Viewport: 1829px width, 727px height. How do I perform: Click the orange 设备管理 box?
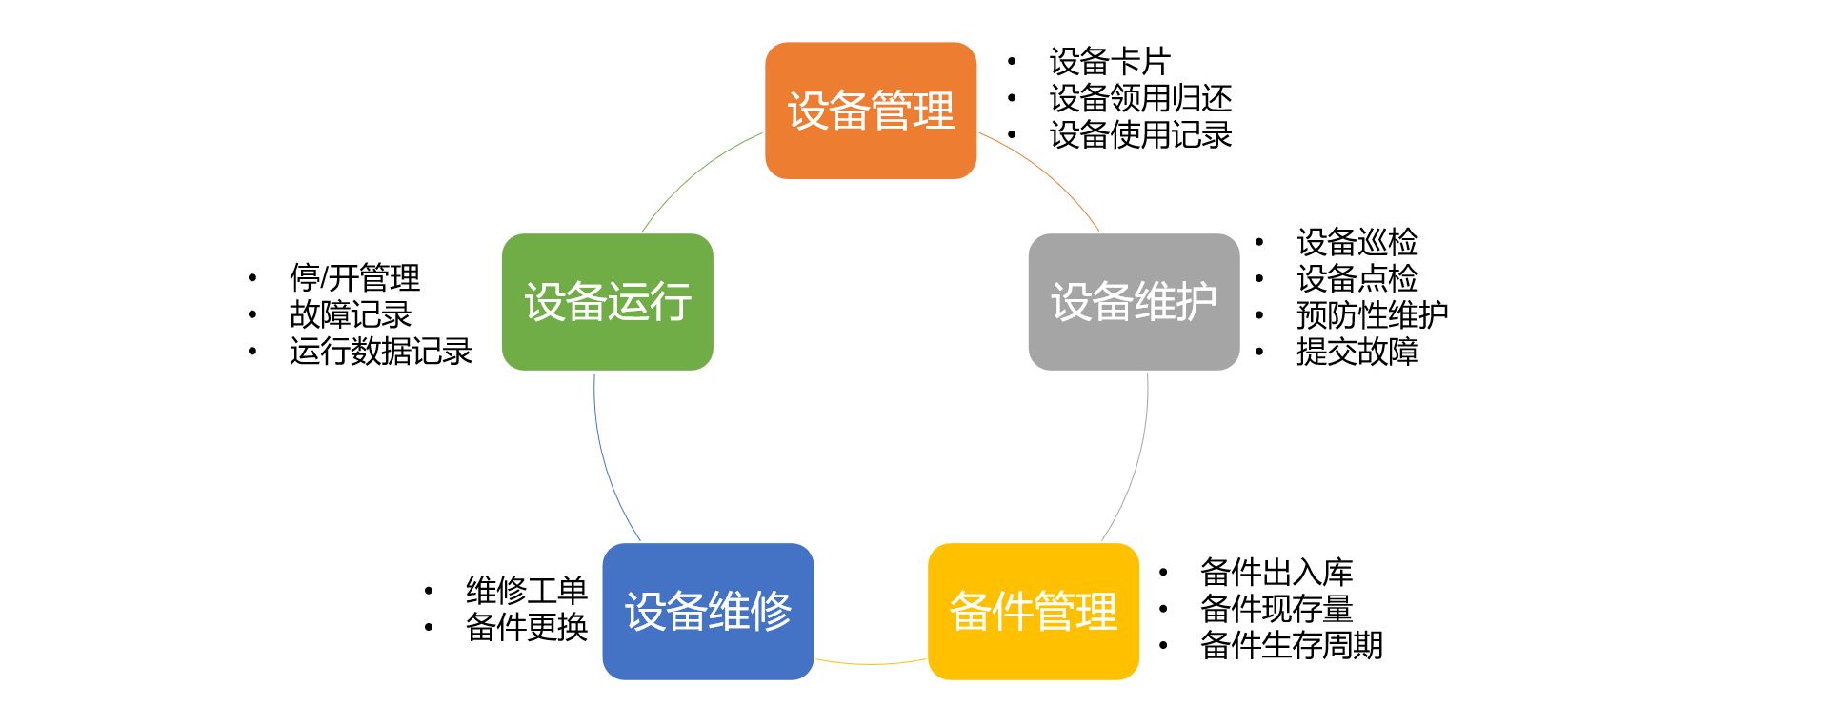pyautogui.click(x=871, y=111)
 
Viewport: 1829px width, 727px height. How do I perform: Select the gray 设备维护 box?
pyautogui.click(x=1134, y=302)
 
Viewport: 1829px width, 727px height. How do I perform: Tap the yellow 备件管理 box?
pyautogui.click(x=1034, y=611)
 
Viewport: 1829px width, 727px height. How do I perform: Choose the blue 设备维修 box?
pyautogui.click(x=708, y=611)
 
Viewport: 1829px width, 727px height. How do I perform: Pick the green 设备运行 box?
pyautogui.click(x=608, y=302)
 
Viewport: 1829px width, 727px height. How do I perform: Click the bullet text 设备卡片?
pyautogui.click(x=1110, y=62)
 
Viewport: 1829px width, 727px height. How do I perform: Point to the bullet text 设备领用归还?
pyautogui.click(x=1140, y=98)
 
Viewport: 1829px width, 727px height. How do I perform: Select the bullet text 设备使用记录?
pyautogui.click(x=1140, y=135)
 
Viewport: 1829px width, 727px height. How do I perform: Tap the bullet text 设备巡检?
pyautogui.click(x=1357, y=242)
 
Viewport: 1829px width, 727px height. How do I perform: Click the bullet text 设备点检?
pyautogui.click(x=1357, y=278)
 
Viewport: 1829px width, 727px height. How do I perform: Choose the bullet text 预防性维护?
pyautogui.click(x=1372, y=314)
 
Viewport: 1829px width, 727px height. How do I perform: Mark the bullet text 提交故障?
pyautogui.click(x=1357, y=352)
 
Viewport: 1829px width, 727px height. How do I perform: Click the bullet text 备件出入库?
pyautogui.click(x=1276, y=572)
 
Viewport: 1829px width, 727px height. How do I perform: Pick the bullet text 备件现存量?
pyautogui.click(x=1276, y=608)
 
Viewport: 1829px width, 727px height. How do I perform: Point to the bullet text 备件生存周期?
pyautogui.click(x=1292, y=645)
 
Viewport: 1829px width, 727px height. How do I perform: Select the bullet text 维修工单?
pyautogui.click(x=526, y=591)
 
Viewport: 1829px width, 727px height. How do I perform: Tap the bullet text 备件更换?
pyautogui.click(x=526, y=627)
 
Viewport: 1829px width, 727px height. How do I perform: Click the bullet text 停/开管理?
pyautogui.click(x=354, y=278)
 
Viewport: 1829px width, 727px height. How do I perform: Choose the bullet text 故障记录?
pyautogui.click(x=351, y=314)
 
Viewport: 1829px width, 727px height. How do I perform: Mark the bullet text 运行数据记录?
pyautogui.click(x=381, y=352)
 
